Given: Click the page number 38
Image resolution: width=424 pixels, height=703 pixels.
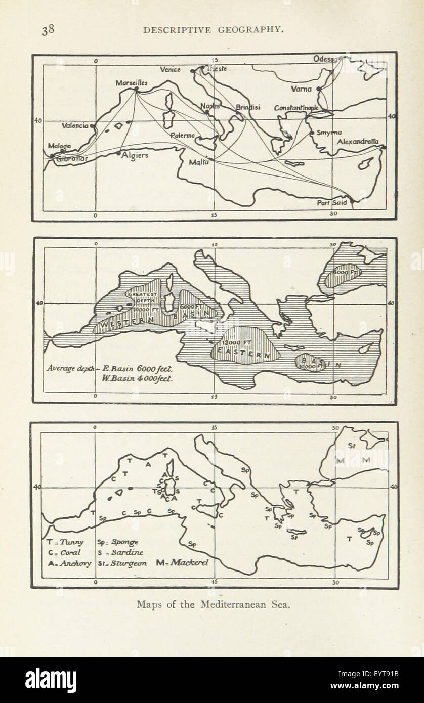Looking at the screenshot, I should pos(48,30).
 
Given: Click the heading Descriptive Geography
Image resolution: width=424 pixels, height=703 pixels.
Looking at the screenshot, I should pos(213,30).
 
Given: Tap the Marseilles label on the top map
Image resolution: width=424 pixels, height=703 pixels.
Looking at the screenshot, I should pos(132,82).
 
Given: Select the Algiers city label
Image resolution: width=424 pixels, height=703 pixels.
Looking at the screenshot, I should pos(135,155).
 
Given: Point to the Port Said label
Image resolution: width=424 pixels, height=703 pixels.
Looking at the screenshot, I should pos(332,203).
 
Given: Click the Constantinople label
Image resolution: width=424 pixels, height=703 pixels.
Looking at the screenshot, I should pos(296,108).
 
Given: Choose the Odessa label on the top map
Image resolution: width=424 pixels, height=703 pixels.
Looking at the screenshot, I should pos(324,59).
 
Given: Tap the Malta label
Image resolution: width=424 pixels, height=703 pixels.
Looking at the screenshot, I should pos(198,163).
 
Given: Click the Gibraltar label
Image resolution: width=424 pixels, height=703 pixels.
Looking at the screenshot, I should pos(72,158).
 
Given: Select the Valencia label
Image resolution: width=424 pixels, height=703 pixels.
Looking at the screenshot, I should pos(75,125).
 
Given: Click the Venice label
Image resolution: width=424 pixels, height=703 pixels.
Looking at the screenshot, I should pos(170,70).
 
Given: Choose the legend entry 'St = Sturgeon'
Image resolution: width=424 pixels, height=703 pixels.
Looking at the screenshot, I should pos(122,563).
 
